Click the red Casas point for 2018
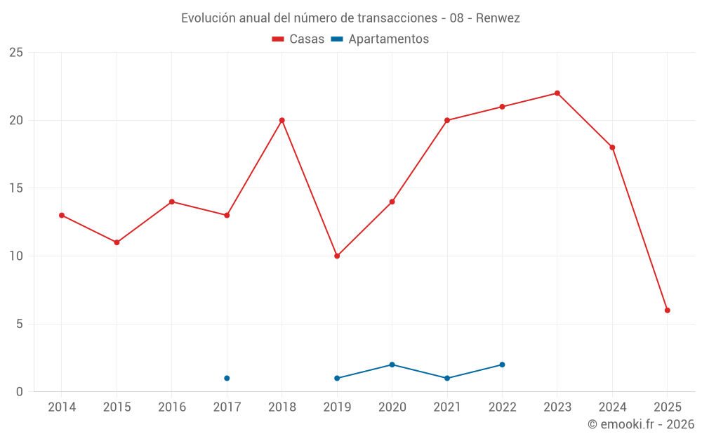(282, 120)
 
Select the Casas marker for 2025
(667, 310)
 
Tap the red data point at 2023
(557, 93)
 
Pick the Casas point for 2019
(337, 256)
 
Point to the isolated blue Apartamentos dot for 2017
(227, 378)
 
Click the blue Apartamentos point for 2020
(392, 365)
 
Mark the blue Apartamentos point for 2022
(502, 365)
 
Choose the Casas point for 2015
(117, 242)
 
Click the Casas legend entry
(298, 39)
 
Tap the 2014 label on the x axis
(62, 407)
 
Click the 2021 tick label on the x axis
(447, 407)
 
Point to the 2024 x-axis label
(612, 407)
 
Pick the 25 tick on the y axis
(16, 53)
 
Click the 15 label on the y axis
(16, 188)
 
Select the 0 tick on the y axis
(20, 392)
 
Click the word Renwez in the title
(498, 18)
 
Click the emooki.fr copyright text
(640, 424)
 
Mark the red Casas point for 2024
(612, 148)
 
